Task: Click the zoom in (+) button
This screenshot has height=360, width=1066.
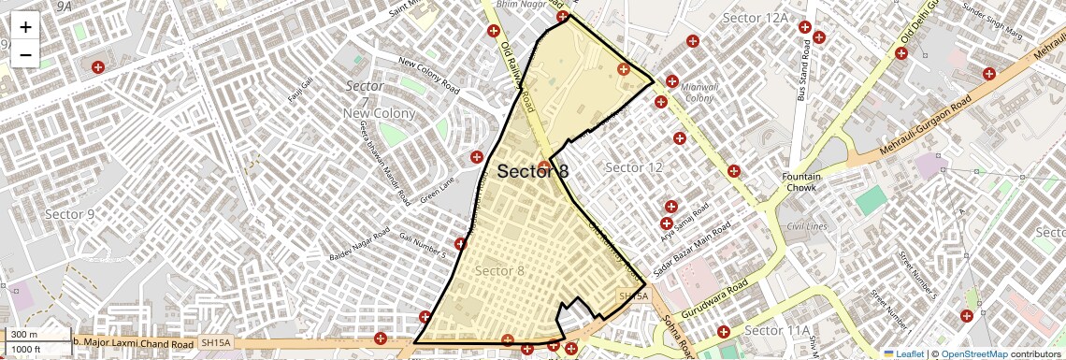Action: (x=25, y=26)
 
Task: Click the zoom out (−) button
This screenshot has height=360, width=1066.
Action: (x=25, y=54)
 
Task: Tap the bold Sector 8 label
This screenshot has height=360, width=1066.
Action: (x=532, y=171)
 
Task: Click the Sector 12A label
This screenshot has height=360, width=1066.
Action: (x=756, y=19)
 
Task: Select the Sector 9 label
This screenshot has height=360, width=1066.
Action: (x=70, y=214)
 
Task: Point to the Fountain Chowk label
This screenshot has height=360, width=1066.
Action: (x=801, y=182)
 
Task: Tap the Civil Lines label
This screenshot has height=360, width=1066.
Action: (x=807, y=226)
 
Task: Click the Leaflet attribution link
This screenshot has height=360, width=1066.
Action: (x=903, y=353)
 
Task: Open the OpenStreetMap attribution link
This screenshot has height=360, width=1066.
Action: (x=973, y=353)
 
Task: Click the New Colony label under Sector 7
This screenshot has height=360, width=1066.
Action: (x=379, y=113)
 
